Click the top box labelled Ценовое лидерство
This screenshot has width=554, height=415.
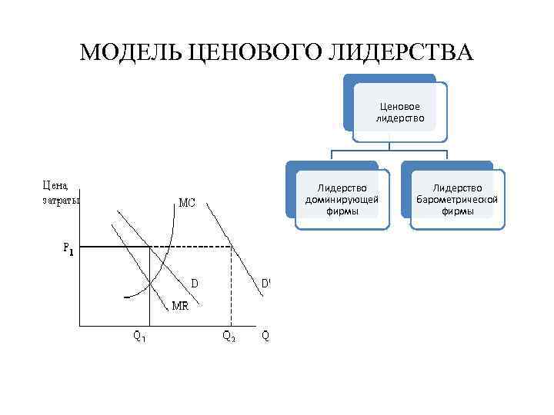tap(399, 112)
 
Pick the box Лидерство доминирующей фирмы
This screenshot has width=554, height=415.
tap(342, 199)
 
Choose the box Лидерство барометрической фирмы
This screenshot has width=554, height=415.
tap(458, 199)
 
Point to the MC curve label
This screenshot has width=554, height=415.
tap(187, 204)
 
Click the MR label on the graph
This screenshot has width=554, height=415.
tap(181, 305)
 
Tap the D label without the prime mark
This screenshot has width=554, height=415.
tap(195, 283)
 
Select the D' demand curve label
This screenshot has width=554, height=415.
tap(265, 283)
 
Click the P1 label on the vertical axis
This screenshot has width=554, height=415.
tap(68, 248)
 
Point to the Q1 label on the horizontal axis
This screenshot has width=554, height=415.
tap(139, 336)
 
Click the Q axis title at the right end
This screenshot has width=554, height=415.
tap(265, 336)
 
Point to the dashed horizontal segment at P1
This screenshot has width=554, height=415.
tap(192, 247)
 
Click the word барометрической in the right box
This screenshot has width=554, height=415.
tap(458, 200)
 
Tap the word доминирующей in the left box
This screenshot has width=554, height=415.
tap(342, 200)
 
